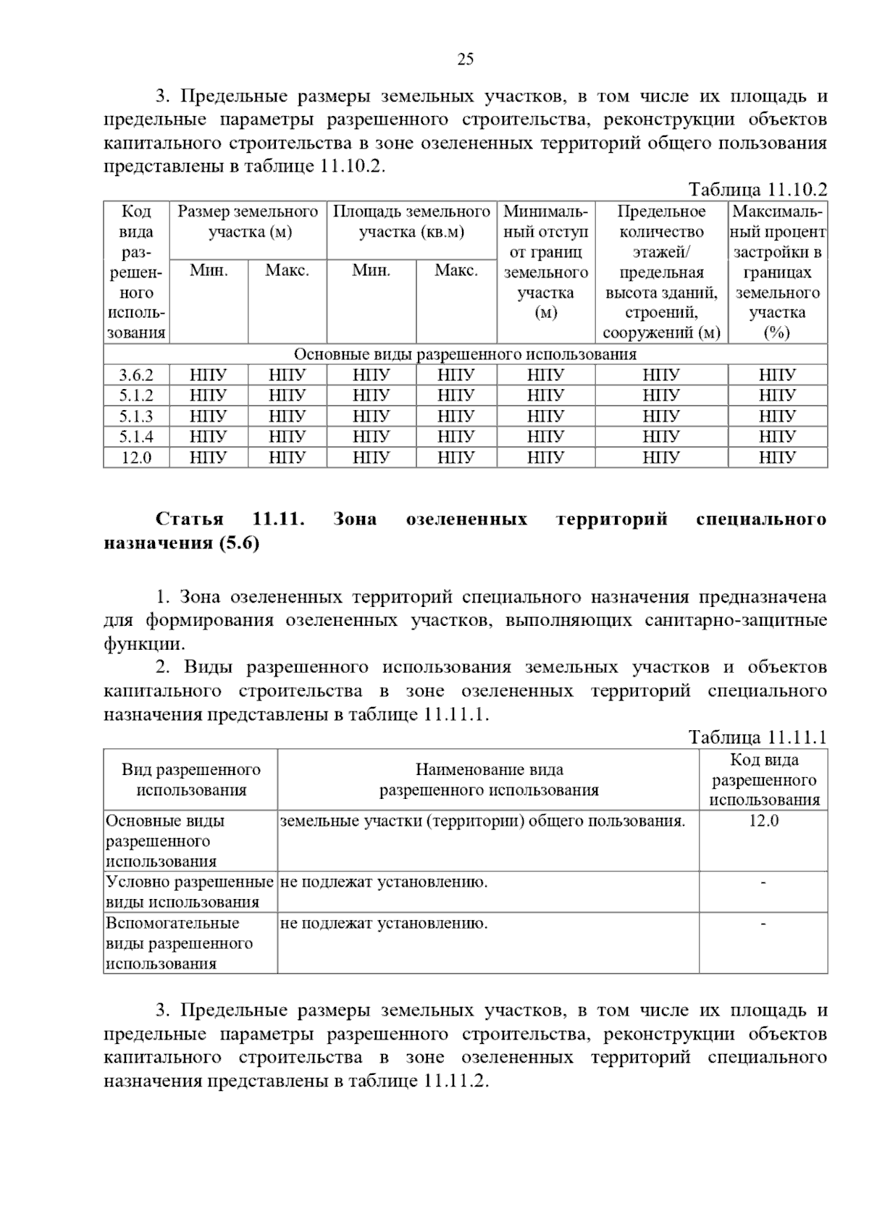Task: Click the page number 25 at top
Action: point(465,59)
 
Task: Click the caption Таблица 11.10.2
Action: point(757,191)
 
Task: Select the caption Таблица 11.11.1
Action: point(757,738)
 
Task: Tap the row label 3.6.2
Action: point(136,375)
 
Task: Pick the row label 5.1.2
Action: point(136,396)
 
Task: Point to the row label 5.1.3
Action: point(136,417)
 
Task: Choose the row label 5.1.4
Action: point(136,437)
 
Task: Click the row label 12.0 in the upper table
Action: point(136,458)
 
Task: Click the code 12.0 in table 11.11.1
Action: point(763,821)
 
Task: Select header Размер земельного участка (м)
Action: point(248,222)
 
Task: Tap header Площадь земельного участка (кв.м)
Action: point(411,222)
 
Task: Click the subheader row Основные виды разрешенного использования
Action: point(465,354)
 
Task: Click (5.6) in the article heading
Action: point(238,543)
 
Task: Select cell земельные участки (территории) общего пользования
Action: point(482,821)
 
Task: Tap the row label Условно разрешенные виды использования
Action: point(190,892)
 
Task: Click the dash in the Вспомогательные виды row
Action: point(763,924)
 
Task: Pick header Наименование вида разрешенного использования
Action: point(489,779)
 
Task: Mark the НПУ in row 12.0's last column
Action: point(777,458)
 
